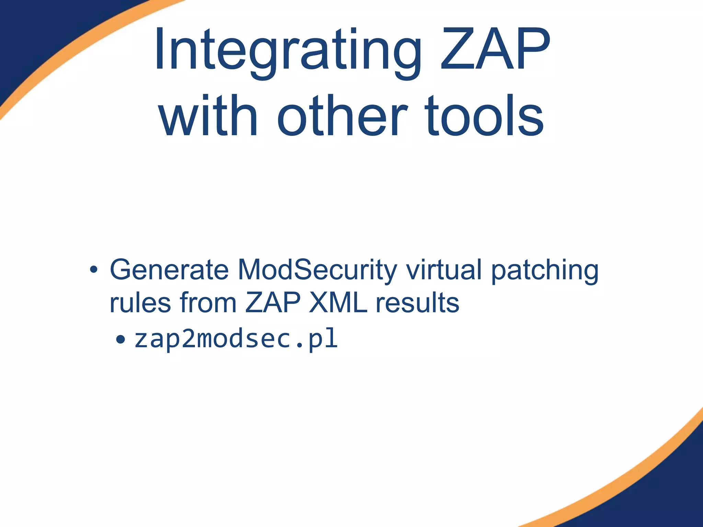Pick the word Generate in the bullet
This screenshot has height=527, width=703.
click(169, 270)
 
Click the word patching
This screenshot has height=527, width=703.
click(545, 271)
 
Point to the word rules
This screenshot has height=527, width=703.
click(140, 303)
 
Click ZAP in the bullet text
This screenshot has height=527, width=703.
click(273, 303)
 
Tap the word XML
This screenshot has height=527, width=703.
click(338, 303)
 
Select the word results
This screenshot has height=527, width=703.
click(417, 303)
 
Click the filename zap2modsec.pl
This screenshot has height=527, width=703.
click(236, 339)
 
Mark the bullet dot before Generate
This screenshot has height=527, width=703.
click(93, 270)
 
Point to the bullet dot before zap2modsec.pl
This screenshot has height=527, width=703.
click(120, 340)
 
